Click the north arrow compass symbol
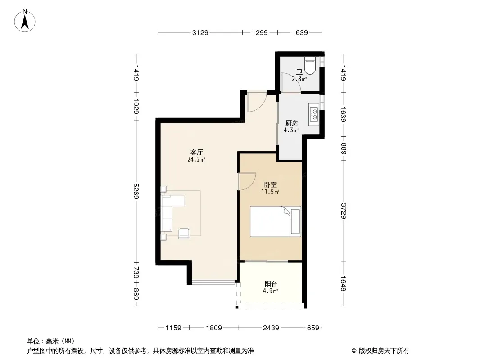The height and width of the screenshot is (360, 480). (x=25, y=21)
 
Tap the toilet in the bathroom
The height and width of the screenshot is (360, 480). (x=310, y=66)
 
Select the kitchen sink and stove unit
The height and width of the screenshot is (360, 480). (x=314, y=114)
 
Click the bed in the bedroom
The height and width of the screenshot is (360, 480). (x=275, y=221)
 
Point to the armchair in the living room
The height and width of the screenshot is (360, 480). (x=184, y=234)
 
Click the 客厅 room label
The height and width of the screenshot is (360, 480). (x=196, y=152)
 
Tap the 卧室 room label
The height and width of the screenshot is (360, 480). (x=270, y=185)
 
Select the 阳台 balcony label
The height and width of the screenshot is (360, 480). (x=271, y=284)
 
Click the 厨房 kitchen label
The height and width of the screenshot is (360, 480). (x=291, y=123)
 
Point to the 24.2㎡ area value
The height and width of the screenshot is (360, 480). (x=196, y=159)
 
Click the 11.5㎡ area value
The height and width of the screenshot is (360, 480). (x=270, y=192)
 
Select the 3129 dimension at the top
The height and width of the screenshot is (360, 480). (x=200, y=32)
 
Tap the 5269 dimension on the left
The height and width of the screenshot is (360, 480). (x=136, y=191)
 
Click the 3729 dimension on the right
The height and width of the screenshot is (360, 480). (x=343, y=211)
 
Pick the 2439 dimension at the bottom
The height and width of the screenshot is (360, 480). (x=271, y=328)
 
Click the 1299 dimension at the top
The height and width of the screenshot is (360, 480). (x=260, y=32)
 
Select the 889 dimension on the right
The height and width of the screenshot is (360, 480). (x=343, y=148)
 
